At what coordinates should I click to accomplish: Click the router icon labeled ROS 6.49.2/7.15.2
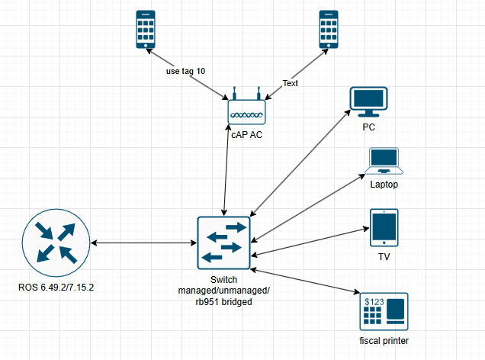[x=55, y=244]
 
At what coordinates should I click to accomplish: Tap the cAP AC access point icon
[x=246, y=111]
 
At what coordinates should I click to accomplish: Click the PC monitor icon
[x=368, y=102]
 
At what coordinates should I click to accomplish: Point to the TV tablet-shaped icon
[x=384, y=228]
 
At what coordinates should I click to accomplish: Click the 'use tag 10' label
[x=186, y=71]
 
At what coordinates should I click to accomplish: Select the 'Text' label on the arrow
[x=291, y=82]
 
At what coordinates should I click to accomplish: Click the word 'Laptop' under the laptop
[x=384, y=185]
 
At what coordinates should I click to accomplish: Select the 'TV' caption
[x=384, y=256]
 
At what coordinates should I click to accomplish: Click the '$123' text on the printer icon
[x=374, y=303]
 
